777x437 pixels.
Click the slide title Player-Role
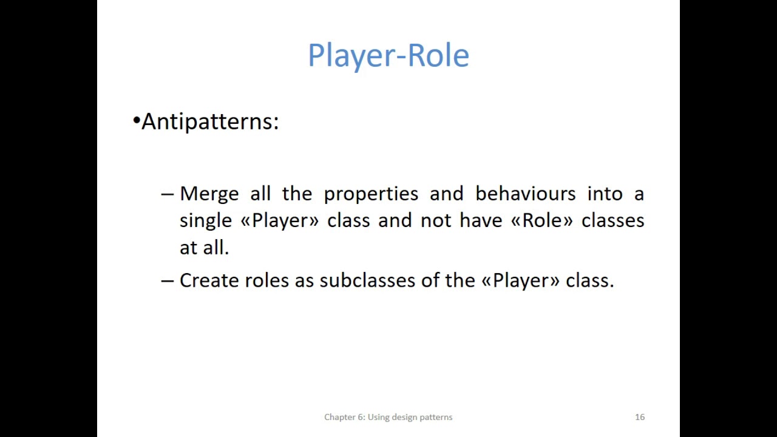(388, 55)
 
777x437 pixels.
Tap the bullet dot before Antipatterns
(136, 121)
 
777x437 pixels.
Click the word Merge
(209, 194)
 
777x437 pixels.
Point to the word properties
(370, 194)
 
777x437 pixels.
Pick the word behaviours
(525, 194)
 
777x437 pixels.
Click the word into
(605, 194)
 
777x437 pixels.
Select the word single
(206, 221)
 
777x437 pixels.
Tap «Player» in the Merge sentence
(279, 221)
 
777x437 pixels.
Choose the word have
(481, 220)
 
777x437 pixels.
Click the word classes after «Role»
(612, 220)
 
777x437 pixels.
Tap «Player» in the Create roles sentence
(520, 280)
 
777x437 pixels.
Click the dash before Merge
(167, 194)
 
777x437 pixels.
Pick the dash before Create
(167, 280)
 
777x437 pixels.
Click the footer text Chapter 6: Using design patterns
(388, 417)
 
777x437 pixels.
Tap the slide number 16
(639, 417)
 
